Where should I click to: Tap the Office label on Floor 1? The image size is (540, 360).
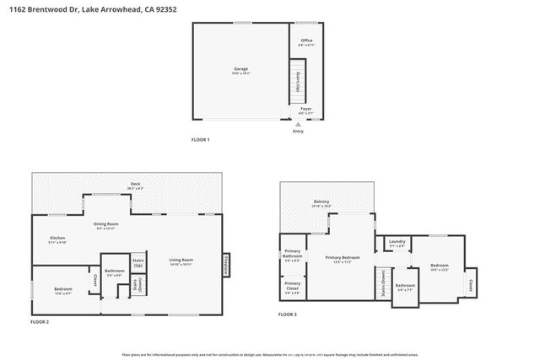(306, 40)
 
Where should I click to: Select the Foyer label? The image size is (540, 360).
(306, 109)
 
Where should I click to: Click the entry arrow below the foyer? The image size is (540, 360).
(298, 124)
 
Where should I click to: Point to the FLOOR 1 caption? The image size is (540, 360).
(200, 139)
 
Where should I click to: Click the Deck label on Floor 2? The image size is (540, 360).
(135, 184)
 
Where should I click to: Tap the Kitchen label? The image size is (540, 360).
(57, 239)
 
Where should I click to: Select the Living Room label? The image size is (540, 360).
(181, 260)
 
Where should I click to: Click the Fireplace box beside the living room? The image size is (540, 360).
(226, 265)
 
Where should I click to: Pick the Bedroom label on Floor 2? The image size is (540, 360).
(62, 290)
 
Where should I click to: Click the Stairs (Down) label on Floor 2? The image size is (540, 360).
(136, 286)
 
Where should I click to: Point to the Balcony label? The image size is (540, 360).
(321, 201)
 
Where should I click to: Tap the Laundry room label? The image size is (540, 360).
(397, 242)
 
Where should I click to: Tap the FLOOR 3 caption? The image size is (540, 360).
(288, 314)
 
